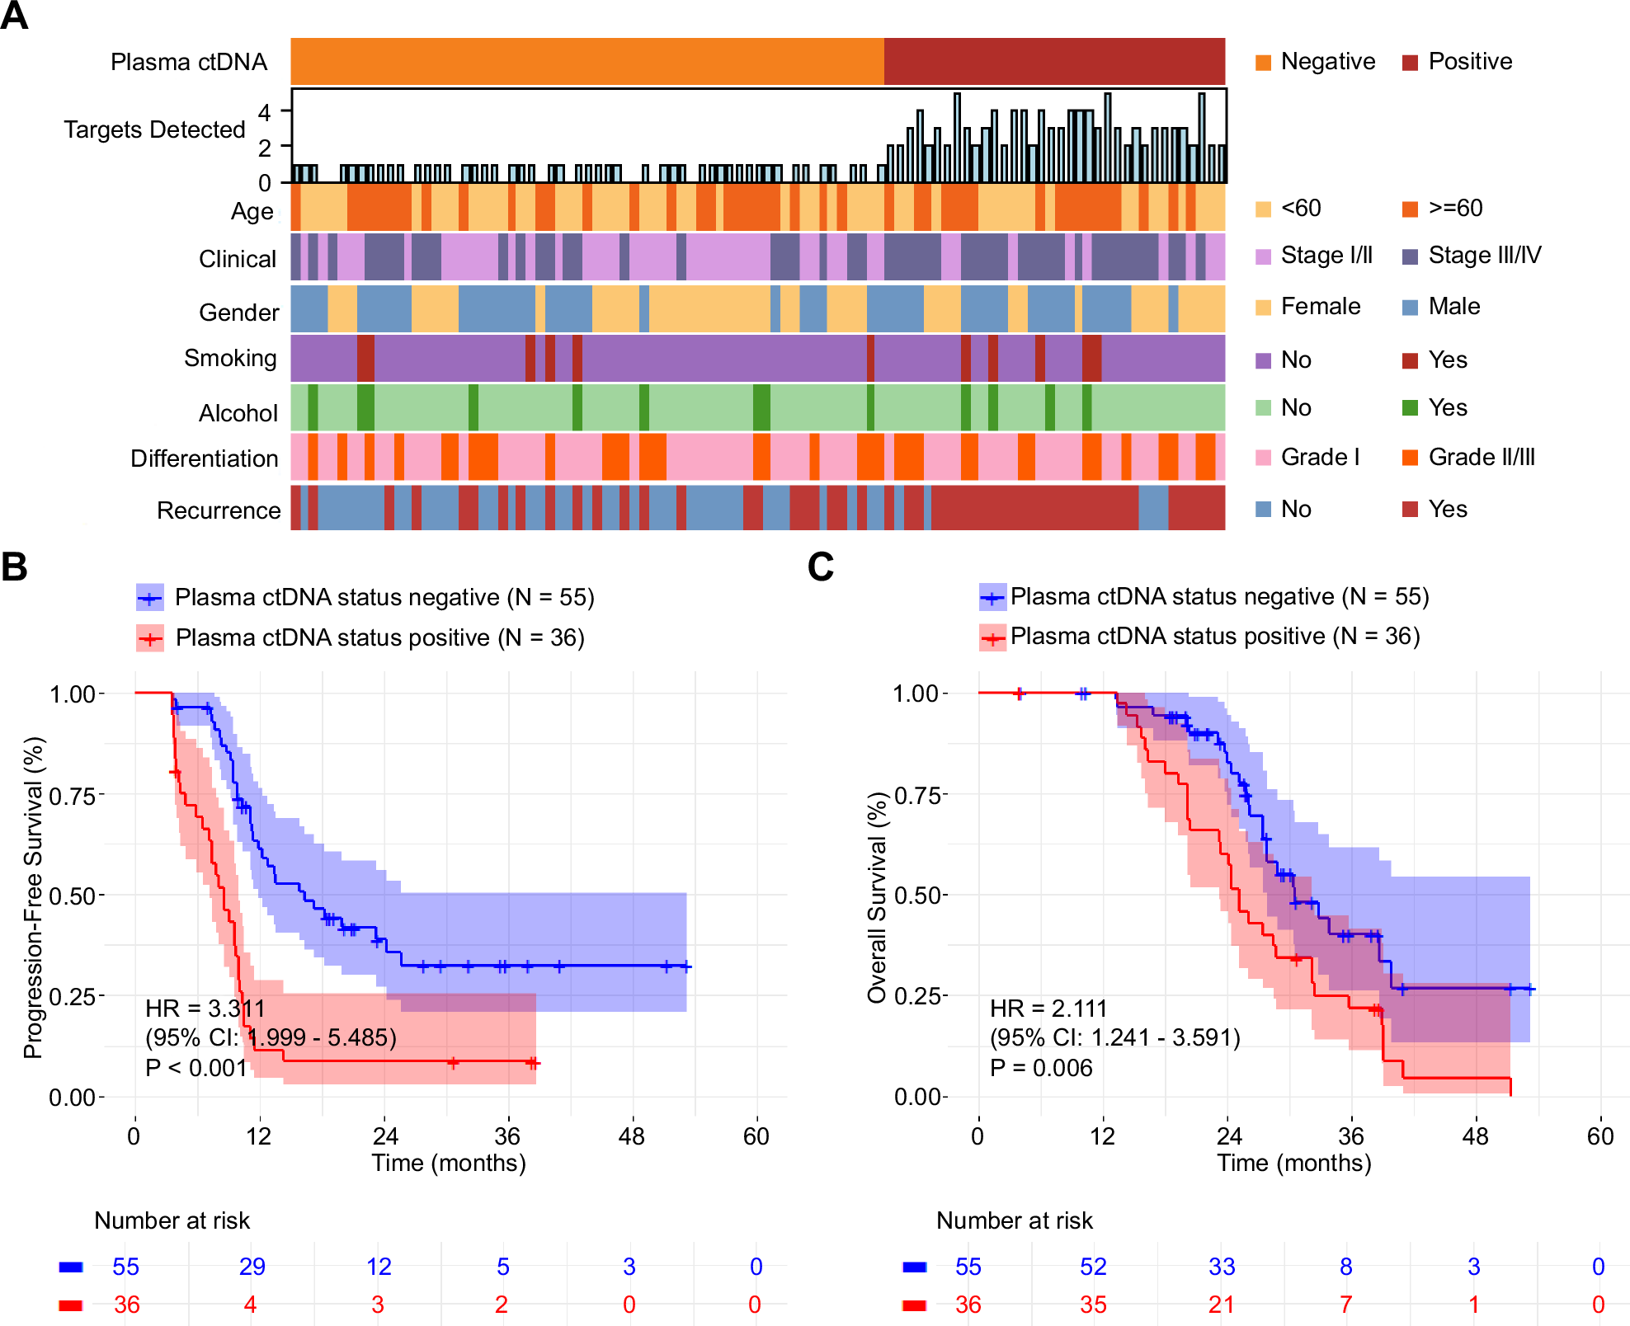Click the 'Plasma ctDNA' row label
(x=189, y=62)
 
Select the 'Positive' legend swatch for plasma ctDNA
(x=1410, y=63)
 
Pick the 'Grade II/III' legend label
(x=1482, y=457)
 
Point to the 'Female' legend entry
(x=1320, y=307)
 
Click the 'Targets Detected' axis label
(x=154, y=129)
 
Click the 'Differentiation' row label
(x=204, y=458)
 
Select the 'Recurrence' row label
(x=219, y=510)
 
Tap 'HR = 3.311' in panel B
(x=205, y=1009)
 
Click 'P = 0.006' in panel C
(x=1040, y=1068)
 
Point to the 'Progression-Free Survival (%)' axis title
(x=33, y=897)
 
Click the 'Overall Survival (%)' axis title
(x=877, y=897)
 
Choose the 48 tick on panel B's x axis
(x=632, y=1136)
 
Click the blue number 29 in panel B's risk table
(x=252, y=1267)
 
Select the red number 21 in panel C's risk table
(x=1221, y=1305)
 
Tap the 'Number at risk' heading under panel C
(x=1014, y=1220)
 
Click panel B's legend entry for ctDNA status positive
(x=379, y=637)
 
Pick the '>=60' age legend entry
(x=1455, y=208)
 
